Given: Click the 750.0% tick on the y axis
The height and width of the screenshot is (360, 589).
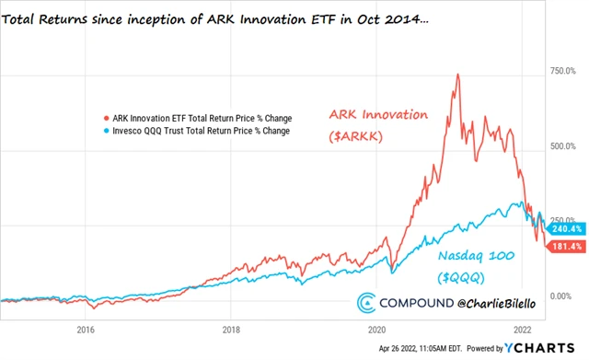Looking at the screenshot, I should click(x=562, y=71).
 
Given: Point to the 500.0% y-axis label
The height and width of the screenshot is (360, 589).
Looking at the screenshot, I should click(x=562, y=146).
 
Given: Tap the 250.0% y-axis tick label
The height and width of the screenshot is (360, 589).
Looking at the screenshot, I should click(x=562, y=221).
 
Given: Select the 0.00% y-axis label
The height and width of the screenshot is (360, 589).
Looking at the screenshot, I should click(x=563, y=296).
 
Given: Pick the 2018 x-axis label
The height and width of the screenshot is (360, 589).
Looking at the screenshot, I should click(x=231, y=329).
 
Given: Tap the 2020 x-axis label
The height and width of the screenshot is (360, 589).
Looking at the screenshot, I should click(x=376, y=329).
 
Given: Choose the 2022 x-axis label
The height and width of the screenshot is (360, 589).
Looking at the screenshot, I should click(x=522, y=329).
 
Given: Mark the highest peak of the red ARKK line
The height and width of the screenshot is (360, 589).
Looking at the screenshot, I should click(x=457, y=75).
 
